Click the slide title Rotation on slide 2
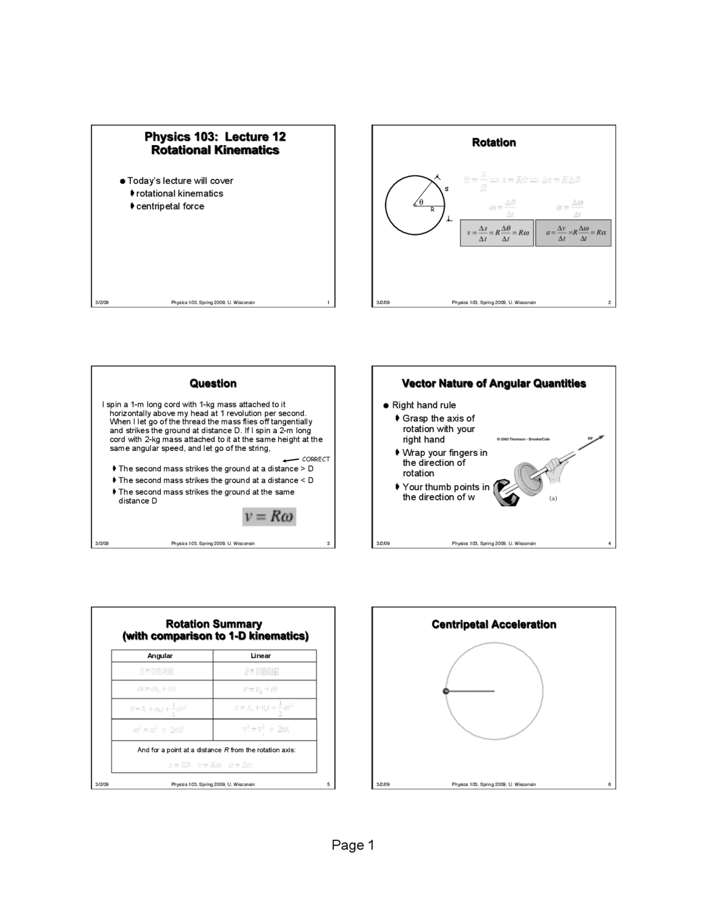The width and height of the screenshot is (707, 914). [x=494, y=142]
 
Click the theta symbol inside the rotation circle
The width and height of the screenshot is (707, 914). [x=421, y=202]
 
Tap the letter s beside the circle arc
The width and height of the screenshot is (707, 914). [x=446, y=189]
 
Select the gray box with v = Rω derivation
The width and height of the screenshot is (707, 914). [x=497, y=232]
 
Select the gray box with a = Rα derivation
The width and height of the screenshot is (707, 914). [x=573, y=232]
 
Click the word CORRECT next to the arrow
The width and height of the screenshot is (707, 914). [x=316, y=459]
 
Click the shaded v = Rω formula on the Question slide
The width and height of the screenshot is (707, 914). [x=270, y=517]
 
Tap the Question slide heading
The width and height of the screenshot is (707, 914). [x=213, y=384]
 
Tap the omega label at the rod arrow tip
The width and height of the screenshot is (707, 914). [x=590, y=438]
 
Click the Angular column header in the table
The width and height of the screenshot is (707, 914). [x=160, y=656]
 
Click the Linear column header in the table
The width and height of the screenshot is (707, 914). [x=261, y=656]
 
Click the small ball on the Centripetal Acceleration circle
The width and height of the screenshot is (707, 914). [x=446, y=691]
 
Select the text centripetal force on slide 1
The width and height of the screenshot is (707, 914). [x=170, y=206]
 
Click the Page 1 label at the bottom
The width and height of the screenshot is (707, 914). [x=353, y=845]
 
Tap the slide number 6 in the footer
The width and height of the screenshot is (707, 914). [x=609, y=784]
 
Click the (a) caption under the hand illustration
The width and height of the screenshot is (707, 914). [x=553, y=498]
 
